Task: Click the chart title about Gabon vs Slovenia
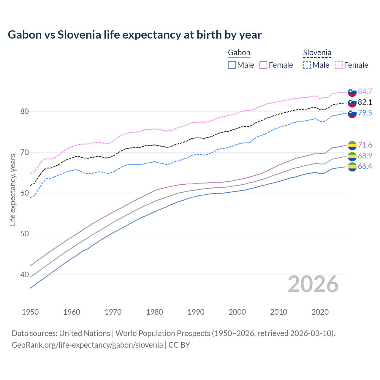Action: (134, 35)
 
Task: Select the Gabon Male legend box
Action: (232, 65)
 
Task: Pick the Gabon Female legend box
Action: (263, 65)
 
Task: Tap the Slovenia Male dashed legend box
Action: (307, 65)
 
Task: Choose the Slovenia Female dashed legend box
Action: (339, 65)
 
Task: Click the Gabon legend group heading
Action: (239, 53)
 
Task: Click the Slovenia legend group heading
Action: (317, 53)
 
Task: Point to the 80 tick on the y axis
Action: (24, 112)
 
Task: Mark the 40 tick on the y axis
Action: (24, 275)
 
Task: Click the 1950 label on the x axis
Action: (30, 312)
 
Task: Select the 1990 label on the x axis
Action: (196, 312)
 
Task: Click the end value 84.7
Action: (365, 91)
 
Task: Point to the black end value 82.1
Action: (365, 102)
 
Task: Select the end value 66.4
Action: (365, 166)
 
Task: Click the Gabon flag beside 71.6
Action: (352, 145)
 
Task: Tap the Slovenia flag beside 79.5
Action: (352, 113)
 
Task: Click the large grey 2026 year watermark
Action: (313, 284)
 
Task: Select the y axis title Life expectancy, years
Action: (13, 190)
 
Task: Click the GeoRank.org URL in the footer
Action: (87, 345)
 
